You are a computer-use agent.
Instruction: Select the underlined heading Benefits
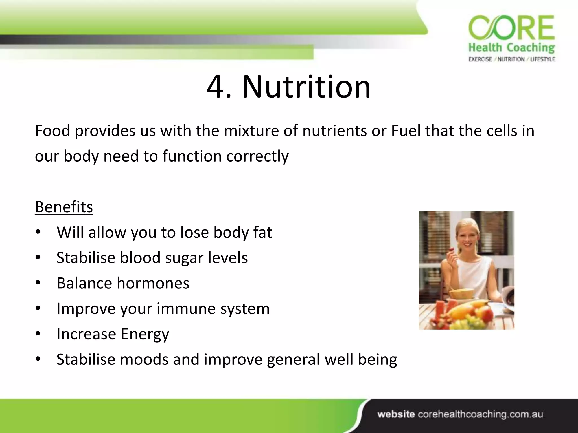64,207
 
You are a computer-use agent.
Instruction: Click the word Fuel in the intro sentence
406,131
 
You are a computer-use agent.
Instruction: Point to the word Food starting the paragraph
52,131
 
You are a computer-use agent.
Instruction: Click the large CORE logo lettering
511,28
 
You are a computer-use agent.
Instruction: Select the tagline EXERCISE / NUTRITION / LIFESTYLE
511,59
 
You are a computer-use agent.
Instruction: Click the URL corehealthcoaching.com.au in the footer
480,414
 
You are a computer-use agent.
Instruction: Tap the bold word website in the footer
396,414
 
